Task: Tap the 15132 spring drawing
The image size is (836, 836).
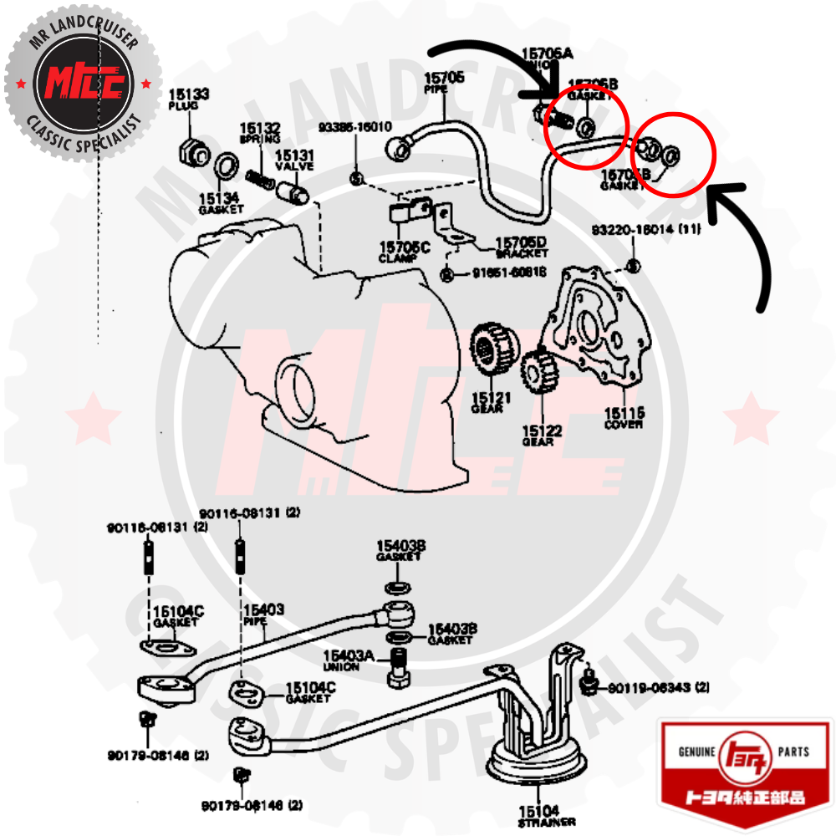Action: coord(260,177)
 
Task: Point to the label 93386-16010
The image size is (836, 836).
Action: coord(354,127)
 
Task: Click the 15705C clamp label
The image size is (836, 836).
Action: coord(404,252)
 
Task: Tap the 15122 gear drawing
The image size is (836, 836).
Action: coord(538,372)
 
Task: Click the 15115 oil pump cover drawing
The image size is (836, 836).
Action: coord(600,326)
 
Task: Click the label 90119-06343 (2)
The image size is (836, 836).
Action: coord(658,688)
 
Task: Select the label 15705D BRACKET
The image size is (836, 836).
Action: coord(520,247)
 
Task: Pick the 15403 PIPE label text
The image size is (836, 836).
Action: coord(263,616)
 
